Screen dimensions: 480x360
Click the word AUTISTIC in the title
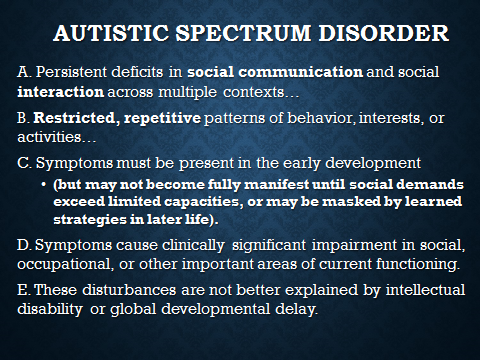tap(111, 33)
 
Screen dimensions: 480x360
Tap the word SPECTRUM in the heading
tap(243, 33)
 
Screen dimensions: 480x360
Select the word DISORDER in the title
tap(384, 33)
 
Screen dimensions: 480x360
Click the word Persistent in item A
tap(71, 72)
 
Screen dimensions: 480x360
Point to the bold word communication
tap(301, 72)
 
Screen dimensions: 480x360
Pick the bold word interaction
tap(60, 92)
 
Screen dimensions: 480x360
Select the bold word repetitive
tap(162, 119)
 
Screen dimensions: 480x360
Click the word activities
tap(49, 137)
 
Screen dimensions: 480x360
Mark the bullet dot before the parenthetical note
tap(43, 184)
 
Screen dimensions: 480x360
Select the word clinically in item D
tap(193, 245)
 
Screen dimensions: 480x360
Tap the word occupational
tap(64, 264)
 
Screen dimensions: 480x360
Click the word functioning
tap(418, 264)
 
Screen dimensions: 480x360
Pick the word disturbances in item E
tap(129, 290)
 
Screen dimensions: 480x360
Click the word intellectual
tap(425, 290)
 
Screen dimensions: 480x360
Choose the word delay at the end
tap(296, 309)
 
